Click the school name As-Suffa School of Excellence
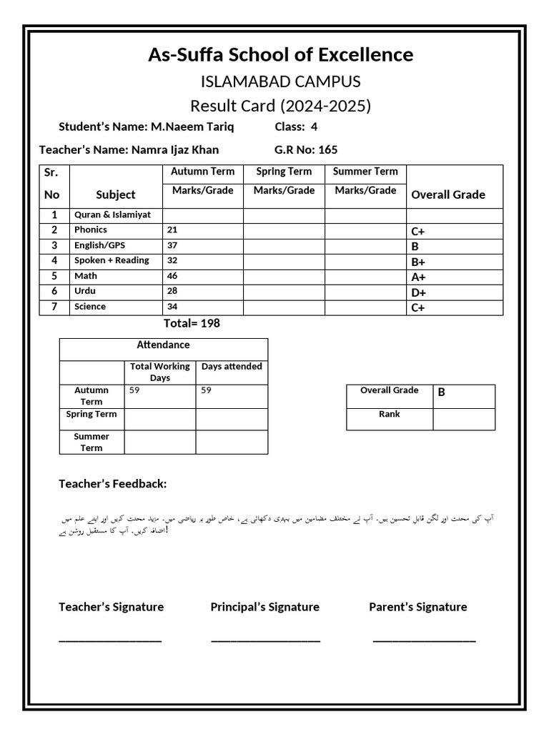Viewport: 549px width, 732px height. tap(280, 55)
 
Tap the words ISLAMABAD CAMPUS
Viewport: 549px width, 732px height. tap(280, 81)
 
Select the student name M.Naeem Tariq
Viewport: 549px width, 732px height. tap(192, 127)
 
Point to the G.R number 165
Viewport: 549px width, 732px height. tap(328, 150)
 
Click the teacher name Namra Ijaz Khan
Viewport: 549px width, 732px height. tap(175, 150)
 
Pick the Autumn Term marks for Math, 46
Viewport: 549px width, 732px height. tap(172, 276)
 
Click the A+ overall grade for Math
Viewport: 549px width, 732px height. tap(419, 277)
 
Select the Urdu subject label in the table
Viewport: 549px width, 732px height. tap(85, 291)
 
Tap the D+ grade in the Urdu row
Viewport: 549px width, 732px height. tap(419, 292)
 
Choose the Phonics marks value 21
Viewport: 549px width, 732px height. tap(172, 230)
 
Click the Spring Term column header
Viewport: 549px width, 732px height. tap(284, 172)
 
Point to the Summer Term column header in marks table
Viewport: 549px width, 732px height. tap(365, 172)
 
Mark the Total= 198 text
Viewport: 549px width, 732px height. tap(192, 324)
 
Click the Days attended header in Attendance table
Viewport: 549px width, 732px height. tap(232, 367)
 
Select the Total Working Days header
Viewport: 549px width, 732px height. tap(160, 372)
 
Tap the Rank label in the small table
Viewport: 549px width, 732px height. tap(390, 415)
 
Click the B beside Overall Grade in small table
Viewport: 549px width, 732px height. tap(442, 392)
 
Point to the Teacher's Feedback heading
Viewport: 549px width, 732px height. tap(112, 485)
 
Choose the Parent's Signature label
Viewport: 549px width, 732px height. tap(417, 607)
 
